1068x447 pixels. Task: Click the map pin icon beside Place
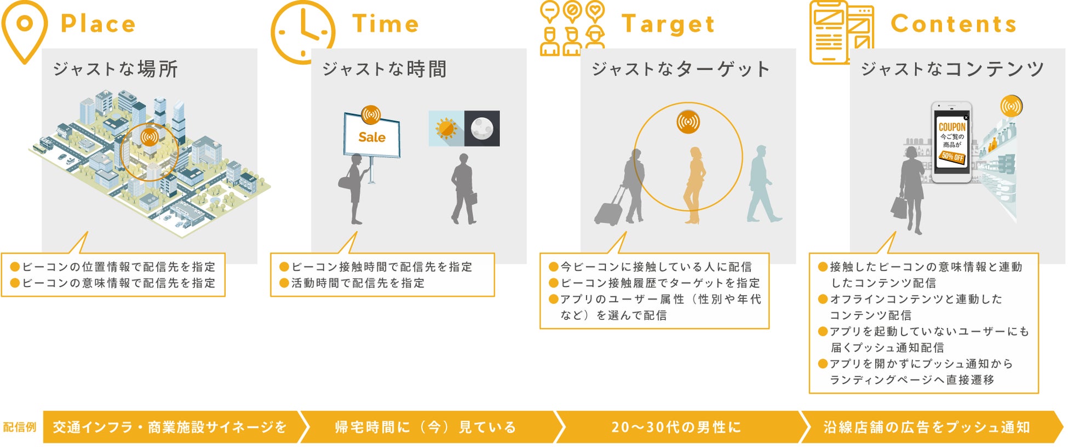[25, 31]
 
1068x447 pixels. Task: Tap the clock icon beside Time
[302, 32]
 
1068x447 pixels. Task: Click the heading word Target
[668, 24]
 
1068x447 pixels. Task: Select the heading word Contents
[954, 24]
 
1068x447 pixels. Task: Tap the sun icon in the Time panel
[446, 128]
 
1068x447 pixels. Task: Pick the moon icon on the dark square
[482, 128]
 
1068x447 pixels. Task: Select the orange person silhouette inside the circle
[694, 185]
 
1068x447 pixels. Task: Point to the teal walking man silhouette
[762, 184]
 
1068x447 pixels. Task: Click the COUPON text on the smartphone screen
[952, 127]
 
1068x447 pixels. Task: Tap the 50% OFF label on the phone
[952, 157]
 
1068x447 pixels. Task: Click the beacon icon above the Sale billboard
[371, 115]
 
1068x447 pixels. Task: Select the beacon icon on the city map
[149, 136]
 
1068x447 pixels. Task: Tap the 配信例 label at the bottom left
[20, 427]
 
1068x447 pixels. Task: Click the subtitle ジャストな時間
[384, 69]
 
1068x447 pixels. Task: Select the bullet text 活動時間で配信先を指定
[358, 283]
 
